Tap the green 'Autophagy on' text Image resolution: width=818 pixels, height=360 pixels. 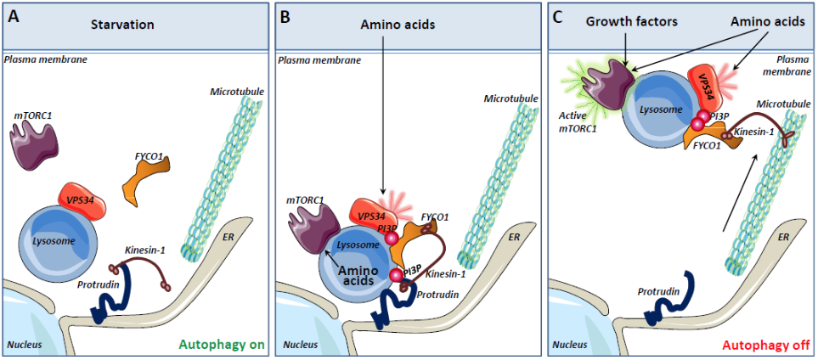pos(222,345)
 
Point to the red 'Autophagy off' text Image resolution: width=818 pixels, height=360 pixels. pos(764,345)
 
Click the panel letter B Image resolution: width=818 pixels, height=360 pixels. pos(285,17)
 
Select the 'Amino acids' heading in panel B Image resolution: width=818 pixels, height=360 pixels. pos(393,25)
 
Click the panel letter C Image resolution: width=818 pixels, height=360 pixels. pos(558,17)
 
